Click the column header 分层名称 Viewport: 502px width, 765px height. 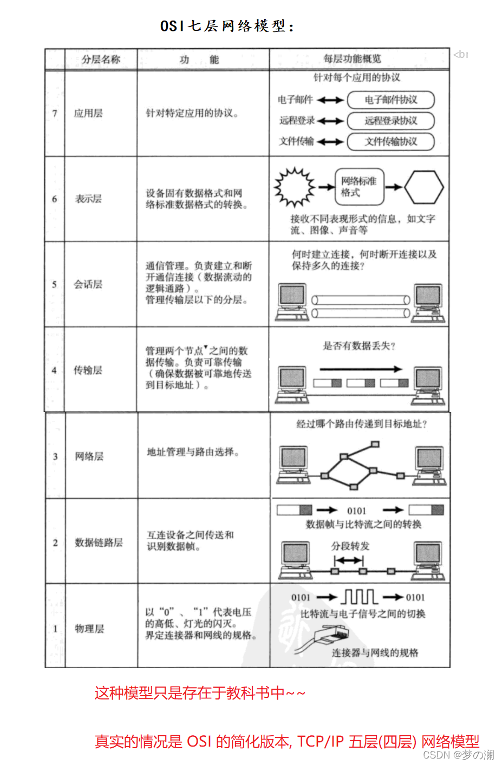(x=101, y=59)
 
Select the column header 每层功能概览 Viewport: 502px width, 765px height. (x=352, y=58)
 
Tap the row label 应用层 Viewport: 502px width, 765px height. (x=88, y=113)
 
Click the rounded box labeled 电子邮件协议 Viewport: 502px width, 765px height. (x=390, y=100)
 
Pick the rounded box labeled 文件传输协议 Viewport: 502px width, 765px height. (x=390, y=141)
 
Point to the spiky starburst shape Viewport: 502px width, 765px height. (x=294, y=187)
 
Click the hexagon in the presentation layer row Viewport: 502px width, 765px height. (x=424, y=187)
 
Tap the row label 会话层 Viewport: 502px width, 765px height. (x=88, y=284)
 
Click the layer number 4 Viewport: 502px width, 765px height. (x=54, y=370)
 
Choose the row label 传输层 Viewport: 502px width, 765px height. (x=88, y=370)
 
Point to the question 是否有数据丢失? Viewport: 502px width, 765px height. (x=359, y=346)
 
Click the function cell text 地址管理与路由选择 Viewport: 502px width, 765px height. (x=193, y=452)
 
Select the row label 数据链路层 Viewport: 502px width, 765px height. (x=99, y=542)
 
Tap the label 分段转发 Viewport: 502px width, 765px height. (x=350, y=546)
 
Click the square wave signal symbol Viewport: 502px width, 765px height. (x=360, y=597)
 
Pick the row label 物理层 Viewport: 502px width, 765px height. (x=89, y=629)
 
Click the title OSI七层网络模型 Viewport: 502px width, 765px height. (x=227, y=26)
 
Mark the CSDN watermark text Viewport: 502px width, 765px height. (x=458, y=755)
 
